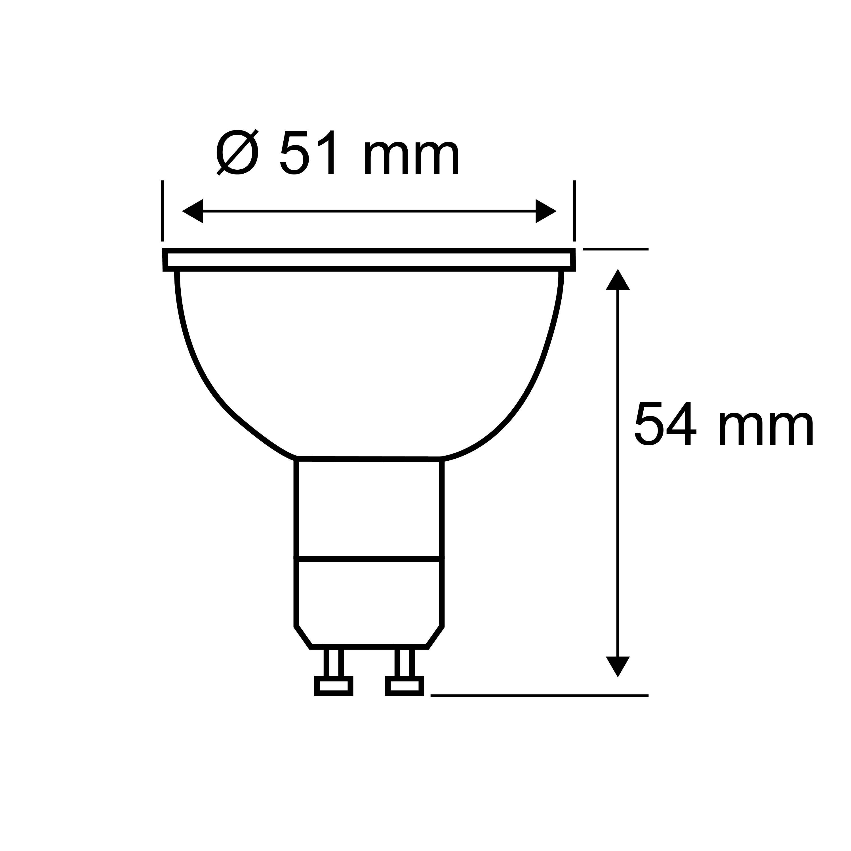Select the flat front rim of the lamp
(369, 260)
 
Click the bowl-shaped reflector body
(369, 361)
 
